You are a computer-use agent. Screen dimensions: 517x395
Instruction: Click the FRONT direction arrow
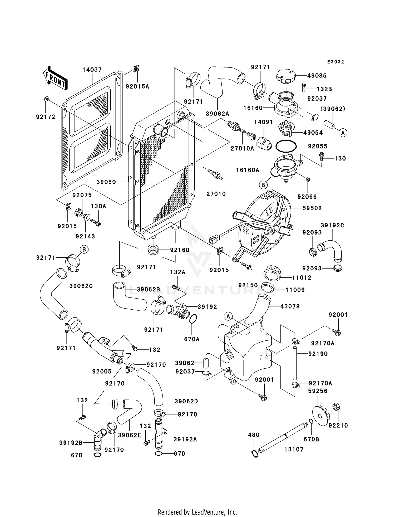point(55,78)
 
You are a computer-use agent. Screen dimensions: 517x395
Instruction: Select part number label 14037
point(92,70)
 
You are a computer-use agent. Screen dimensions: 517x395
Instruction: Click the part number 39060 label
point(106,182)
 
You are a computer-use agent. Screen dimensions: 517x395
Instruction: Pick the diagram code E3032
point(335,62)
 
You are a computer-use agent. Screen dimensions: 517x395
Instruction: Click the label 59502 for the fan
point(312,208)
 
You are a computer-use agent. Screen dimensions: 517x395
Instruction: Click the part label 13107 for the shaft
point(294,450)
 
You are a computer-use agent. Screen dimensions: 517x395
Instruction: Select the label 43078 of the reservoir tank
point(290,306)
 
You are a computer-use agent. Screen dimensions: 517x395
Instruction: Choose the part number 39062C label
point(81,286)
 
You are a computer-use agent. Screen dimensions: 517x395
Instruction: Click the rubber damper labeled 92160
point(153,250)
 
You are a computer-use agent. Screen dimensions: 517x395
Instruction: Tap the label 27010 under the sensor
point(216,194)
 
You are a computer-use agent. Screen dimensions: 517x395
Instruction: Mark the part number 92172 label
point(46,117)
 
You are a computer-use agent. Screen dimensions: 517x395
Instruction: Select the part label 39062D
point(186,401)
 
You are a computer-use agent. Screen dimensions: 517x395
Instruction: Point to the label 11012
point(302,277)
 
